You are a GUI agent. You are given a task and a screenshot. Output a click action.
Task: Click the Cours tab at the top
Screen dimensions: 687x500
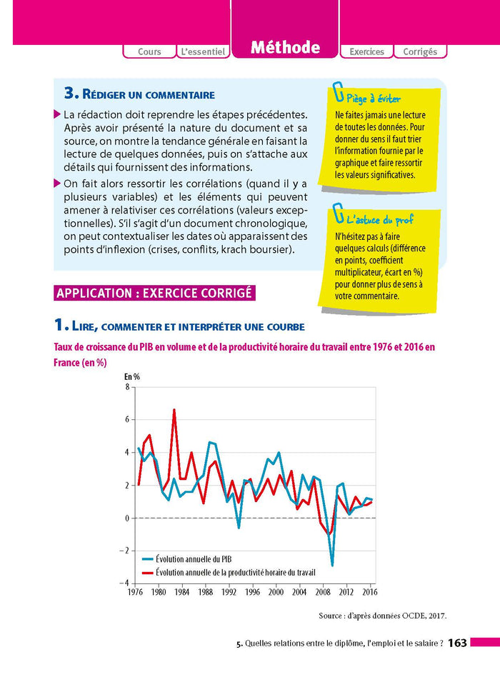pyautogui.click(x=149, y=51)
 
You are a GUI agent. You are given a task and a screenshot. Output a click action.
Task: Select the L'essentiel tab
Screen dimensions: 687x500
pyautogui.click(x=203, y=51)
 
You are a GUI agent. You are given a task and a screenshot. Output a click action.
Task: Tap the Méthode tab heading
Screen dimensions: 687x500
pyautogui.click(x=285, y=48)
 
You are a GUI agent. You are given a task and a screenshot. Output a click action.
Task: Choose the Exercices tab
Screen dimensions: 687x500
pyautogui.click(x=366, y=51)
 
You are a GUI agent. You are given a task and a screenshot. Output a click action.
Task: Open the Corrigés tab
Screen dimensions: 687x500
pyautogui.click(x=421, y=51)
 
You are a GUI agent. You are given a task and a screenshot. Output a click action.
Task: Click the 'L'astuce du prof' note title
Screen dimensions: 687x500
pyautogui.click(x=379, y=220)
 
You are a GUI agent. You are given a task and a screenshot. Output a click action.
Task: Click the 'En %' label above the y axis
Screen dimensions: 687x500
pyautogui.click(x=132, y=376)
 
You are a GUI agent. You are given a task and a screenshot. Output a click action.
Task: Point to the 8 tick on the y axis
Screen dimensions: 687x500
pyautogui.click(x=127, y=387)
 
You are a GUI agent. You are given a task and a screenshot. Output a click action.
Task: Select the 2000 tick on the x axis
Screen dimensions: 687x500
pyautogui.click(x=275, y=592)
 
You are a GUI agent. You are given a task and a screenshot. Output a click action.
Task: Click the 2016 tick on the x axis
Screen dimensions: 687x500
pyautogui.click(x=369, y=592)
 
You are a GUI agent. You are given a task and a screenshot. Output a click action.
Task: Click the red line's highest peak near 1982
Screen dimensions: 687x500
pyautogui.click(x=174, y=410)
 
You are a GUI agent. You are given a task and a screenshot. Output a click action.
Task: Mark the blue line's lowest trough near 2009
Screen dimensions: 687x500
pyautogui.click(x=332, y=566)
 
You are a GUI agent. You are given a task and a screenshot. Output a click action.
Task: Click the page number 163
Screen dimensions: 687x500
pyautogui.click(x=457, y=643)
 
